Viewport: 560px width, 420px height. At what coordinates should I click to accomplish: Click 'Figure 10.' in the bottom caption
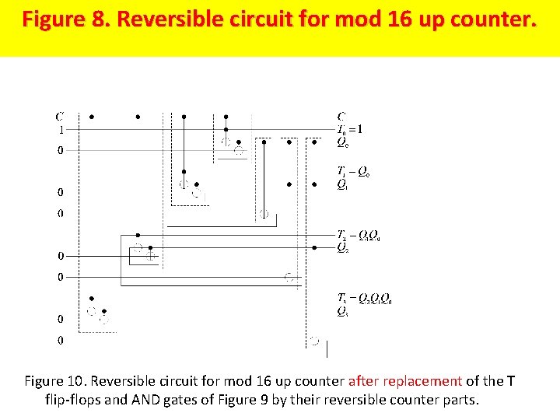55,381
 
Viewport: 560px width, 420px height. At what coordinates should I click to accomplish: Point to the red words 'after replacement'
404,381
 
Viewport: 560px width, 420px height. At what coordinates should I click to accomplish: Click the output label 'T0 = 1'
350,130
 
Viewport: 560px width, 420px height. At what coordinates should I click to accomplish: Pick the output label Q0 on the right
342,142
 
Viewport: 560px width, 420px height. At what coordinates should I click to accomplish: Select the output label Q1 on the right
342,185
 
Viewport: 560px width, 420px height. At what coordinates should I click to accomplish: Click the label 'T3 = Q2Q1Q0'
364,299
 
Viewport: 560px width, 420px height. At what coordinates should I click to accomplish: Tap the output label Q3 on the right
342,312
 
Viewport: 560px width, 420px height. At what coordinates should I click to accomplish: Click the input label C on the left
60,117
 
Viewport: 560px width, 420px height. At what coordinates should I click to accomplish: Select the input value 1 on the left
61,130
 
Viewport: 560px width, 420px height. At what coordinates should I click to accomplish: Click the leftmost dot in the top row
92,117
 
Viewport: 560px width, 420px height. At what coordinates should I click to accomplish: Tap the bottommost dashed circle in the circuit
314,341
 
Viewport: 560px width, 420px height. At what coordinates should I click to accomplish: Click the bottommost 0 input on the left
61,341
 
